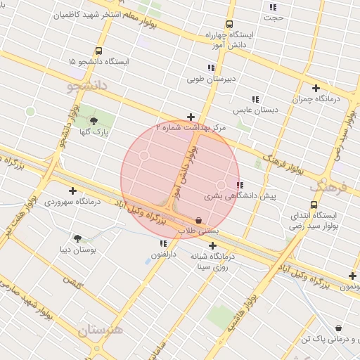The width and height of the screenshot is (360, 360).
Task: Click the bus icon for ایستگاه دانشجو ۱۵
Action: pyautogui.click(x=98, y=51)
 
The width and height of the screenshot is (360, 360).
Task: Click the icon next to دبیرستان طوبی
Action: pyautogui.click(x=211, y=68)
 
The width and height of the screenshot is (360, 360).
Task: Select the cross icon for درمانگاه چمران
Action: pyautogui.click(x=316, y=89)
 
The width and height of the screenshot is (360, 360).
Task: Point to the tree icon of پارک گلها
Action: pyautogui.click(x=94, y=121)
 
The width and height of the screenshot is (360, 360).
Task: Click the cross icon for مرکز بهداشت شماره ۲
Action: pyautogui.click(x=191, y=117)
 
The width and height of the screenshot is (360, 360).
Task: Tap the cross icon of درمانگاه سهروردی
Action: pyautogui.click(x=72, y=191)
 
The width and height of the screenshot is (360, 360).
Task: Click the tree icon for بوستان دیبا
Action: pyautogui.click(x=77, y=239)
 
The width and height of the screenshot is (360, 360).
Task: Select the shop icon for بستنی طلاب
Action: pyautogui.click(x=199, y=220)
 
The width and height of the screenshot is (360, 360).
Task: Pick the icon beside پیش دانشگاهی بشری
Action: pyautogui.click(x=240, y=186)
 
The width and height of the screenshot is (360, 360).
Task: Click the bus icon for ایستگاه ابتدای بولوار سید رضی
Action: pyautogui.click(x=314, y=205)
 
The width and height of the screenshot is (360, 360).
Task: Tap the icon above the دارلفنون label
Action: pyautogui.click(x=163, y=243)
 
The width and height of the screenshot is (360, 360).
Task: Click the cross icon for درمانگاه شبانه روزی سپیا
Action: pyautogui.click(x=212, y=246)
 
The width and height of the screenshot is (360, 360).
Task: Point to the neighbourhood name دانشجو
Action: pyautogui.click(x=89, y=86)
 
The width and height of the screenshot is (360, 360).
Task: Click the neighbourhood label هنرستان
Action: pyautogui.click(x=100, y=330)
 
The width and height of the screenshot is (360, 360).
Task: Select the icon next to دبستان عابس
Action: pyautogui.click(x=255, y=100)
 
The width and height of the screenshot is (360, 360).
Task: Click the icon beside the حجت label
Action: pyautogui.click(x=273, y=8)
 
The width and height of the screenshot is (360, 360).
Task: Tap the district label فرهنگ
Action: pyautogui.click(x=329, y=187)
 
